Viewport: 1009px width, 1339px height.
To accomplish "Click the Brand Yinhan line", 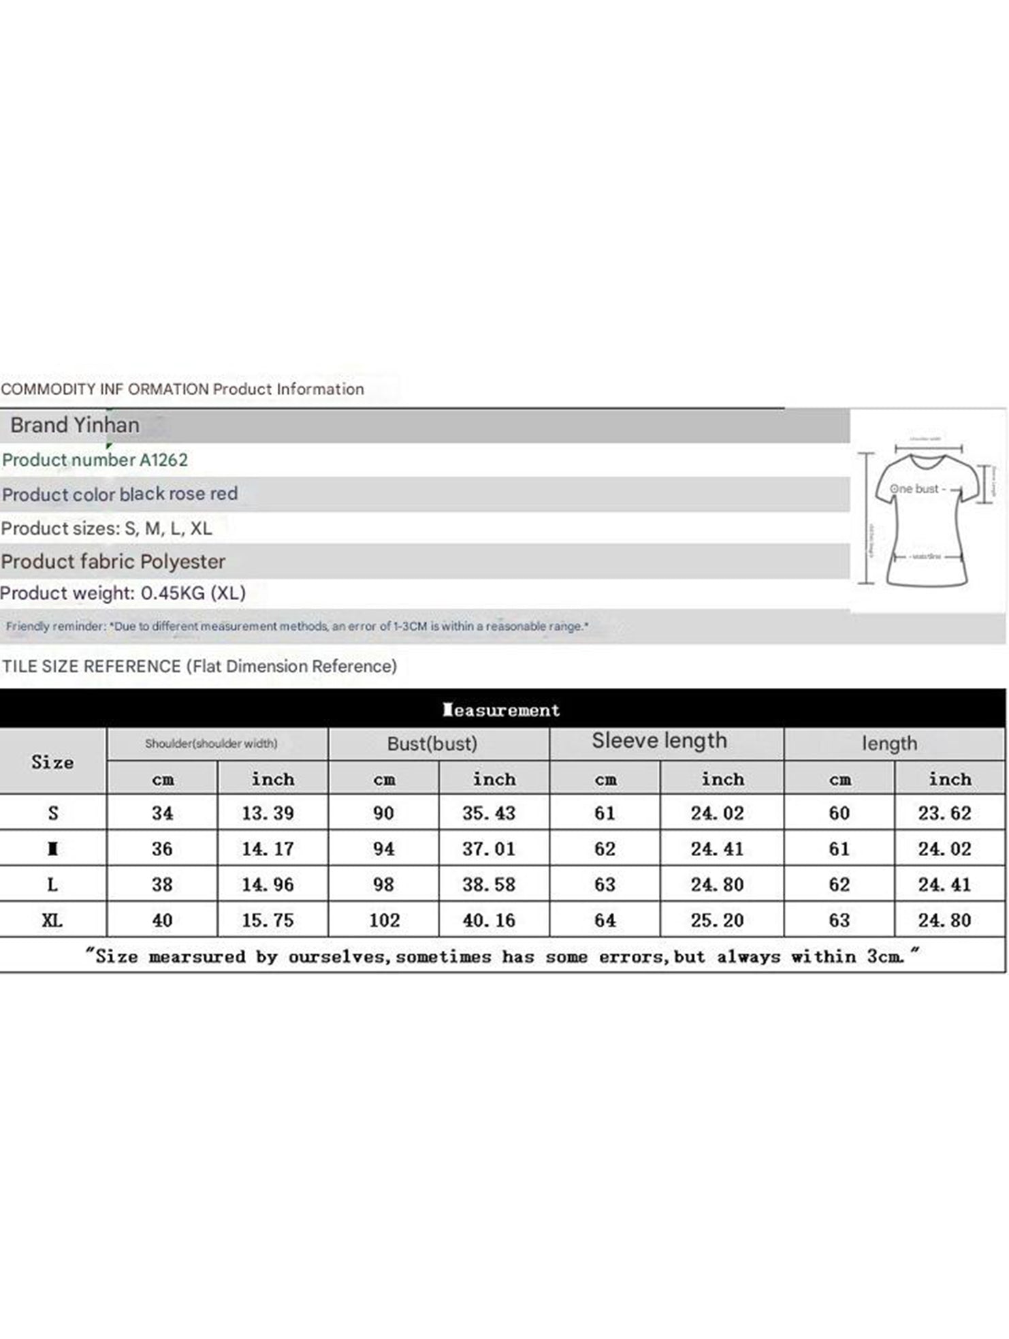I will pyautogui.click(x=75, y=425).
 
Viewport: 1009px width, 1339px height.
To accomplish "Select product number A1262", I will pyautogui.click(x=95, y=460).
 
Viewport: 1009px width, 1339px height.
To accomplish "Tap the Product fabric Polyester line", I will pyautogui.click(x=113, y=561).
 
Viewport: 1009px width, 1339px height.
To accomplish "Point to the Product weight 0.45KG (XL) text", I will pyautogui.click(x=123, y=593).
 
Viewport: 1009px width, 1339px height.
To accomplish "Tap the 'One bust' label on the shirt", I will pyautogui.click(x=914, y=489).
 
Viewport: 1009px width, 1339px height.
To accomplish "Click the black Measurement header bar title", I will pyautogui.click(x=502, y=710).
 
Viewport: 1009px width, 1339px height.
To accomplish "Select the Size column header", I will pyautogui.click(x=52, y=762).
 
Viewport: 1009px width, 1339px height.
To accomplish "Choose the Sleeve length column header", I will pyautogui.click(x=659, y=741).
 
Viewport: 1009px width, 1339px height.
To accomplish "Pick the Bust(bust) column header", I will pyautogui.click(x=432, y=744).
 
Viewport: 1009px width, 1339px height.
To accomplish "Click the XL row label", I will pyautogui.click(x=52, y=921).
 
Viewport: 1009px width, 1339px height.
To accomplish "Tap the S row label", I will pyautogui.click(x=53, y=813).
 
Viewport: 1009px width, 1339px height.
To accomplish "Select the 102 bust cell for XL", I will pyautogui.click(x=384, y=921).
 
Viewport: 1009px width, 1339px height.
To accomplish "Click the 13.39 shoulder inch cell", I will pyautogui.click(x=268, y=813).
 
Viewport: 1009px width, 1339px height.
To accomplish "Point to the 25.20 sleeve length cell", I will pyautogui.click(x=717, y=921).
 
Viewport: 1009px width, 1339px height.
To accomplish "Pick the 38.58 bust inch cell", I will pyautogui.click(x=489, y=885).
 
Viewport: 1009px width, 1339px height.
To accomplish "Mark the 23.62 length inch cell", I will pyautogui.click(x=944, y=813).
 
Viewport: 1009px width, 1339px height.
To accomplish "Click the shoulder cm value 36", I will pyautogui.click(x=162, y=849).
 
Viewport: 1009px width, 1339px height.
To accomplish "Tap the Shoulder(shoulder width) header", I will pyautogui.click(x=211, y=744).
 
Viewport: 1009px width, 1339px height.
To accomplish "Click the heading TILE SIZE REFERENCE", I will pyautogui.click(x=92, y=666).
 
